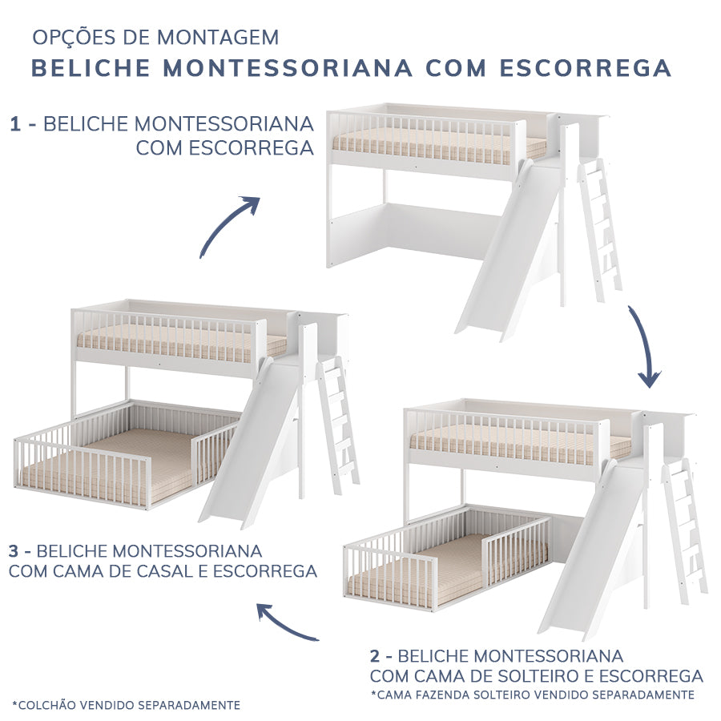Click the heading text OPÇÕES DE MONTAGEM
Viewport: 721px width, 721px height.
[x=155, y=38]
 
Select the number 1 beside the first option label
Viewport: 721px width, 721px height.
[x=16, y=124]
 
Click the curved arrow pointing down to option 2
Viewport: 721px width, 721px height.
[x=645, y=344]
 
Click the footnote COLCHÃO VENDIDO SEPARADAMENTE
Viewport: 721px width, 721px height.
[x=127, y=705]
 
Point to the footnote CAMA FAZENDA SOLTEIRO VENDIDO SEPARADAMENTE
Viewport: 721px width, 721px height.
[x=533, y=694]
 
